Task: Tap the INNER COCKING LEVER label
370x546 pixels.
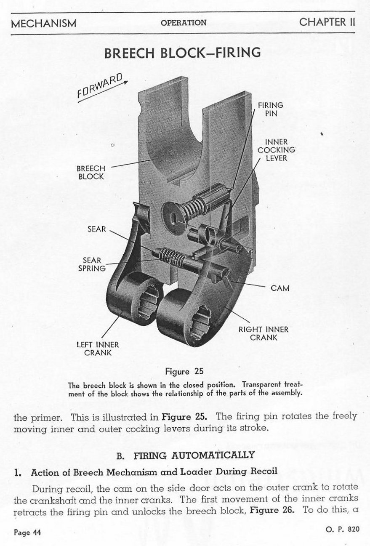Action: (277, 150)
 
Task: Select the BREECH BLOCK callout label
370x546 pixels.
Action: (91, 172)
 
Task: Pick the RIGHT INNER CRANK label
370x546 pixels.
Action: (264, 333)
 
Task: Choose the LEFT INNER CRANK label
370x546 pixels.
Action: (98, 349)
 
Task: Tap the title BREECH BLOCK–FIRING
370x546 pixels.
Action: (182, 53)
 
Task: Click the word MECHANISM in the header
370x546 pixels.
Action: (44, 23)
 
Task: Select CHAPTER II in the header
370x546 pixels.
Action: (327, 22)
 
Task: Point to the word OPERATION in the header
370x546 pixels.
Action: (184, 23)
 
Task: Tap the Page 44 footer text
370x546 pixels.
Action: (27, 533)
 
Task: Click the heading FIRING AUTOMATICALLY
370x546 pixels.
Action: (194, 455)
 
